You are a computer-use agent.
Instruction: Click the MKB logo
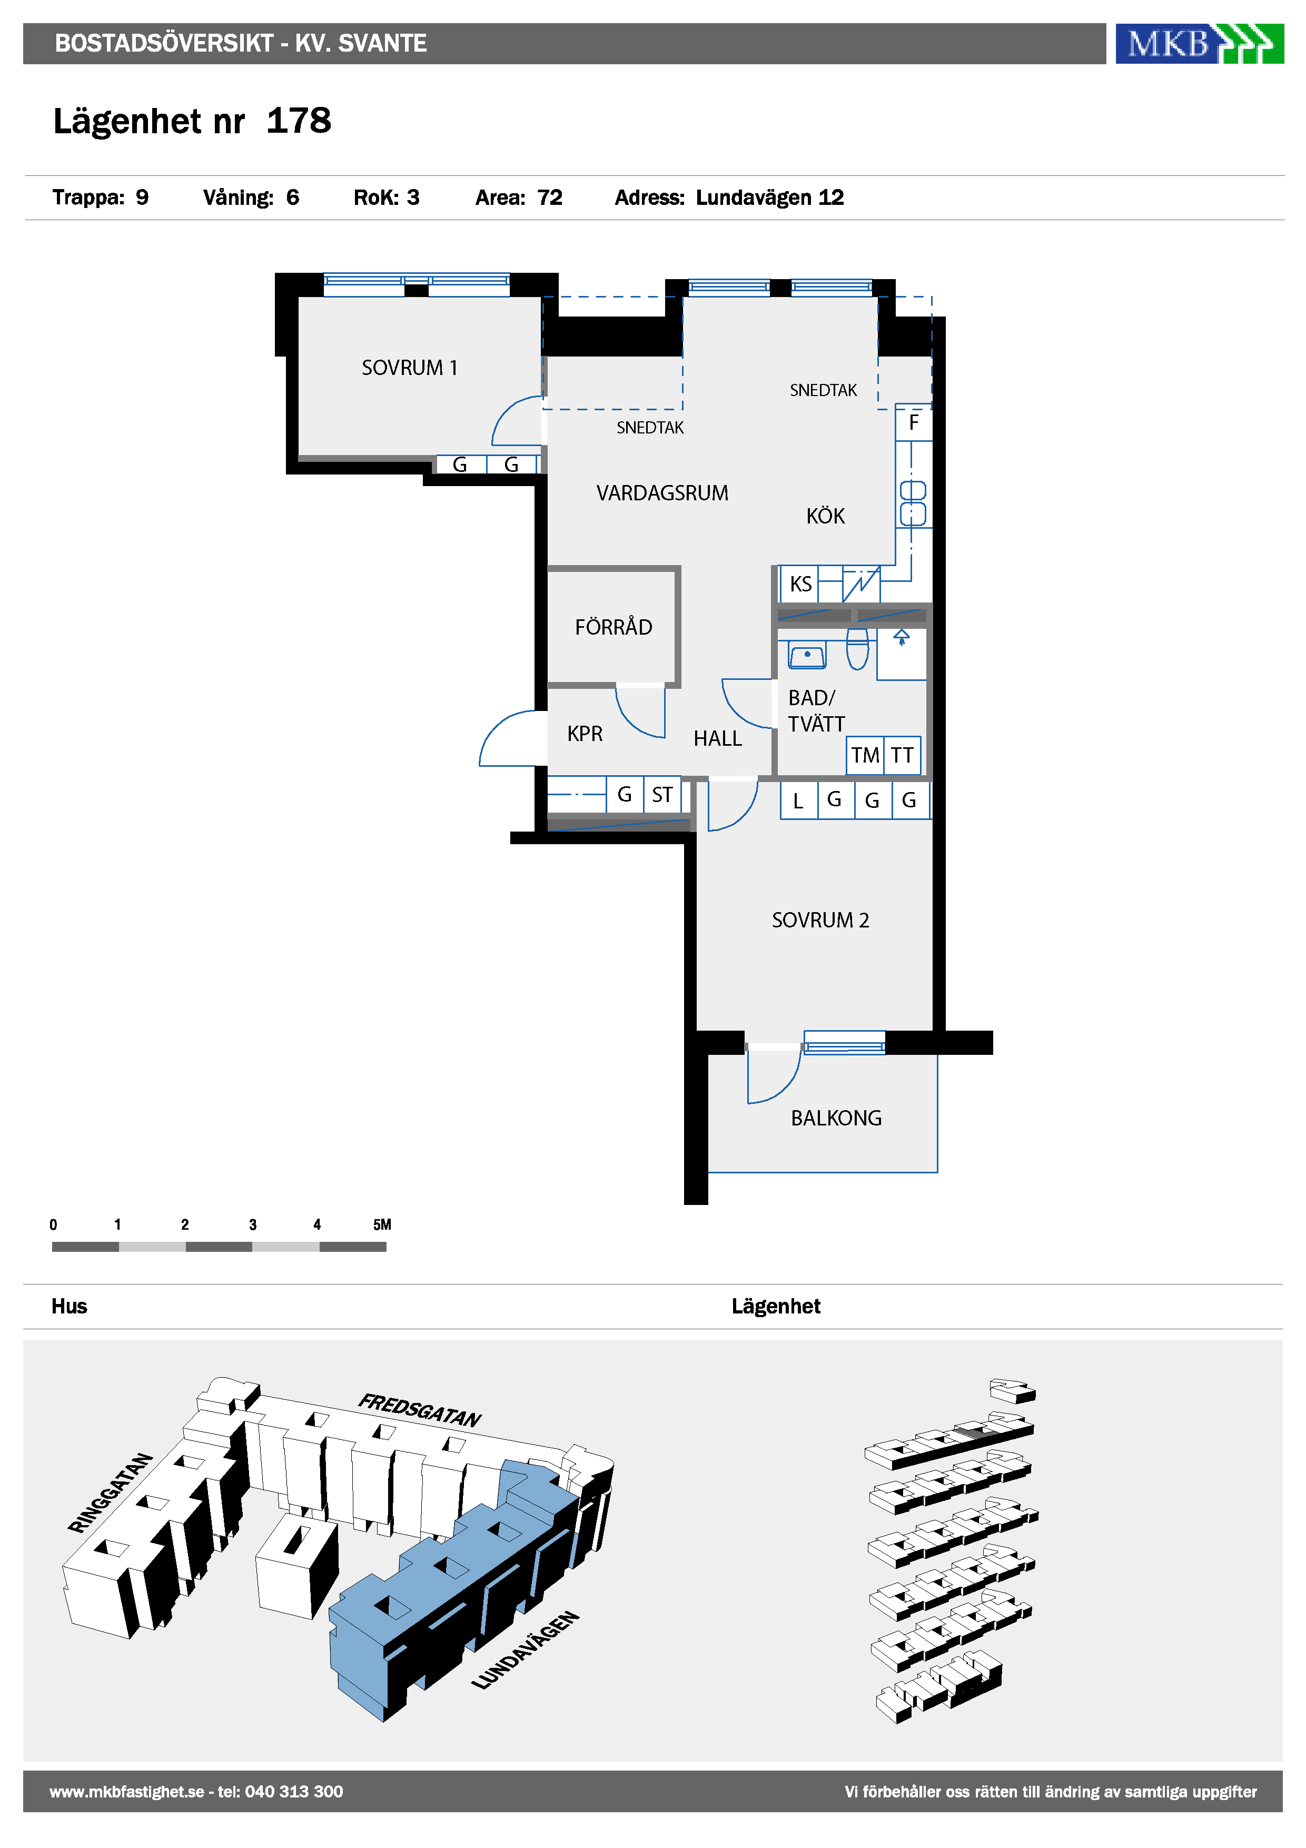pyautogui.click(x=1199, y=44)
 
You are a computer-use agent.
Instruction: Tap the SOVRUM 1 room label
pyautogui.click(x=410, y=368)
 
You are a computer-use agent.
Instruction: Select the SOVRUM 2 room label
pyautogui.click(x=821, y=920)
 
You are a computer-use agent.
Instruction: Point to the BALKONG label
pyautogui.click(x=836, y=1118)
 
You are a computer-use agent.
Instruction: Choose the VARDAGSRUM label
pyautogui.click(x=662, y=492)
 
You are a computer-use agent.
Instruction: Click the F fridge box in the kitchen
pyautogui.click(x=913, y=422)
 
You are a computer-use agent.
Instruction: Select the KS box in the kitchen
pyautogui.click(x=800, y=584)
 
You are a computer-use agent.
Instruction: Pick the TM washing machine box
pyautogui.click(x=866, y=755)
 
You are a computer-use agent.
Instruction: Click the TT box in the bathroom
pyautogui.click(x=902, y=755)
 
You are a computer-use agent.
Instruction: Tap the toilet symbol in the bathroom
pyautogui.click(x=858, y=649)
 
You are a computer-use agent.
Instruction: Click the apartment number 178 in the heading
pyautogui.click(x=299, y=121)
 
